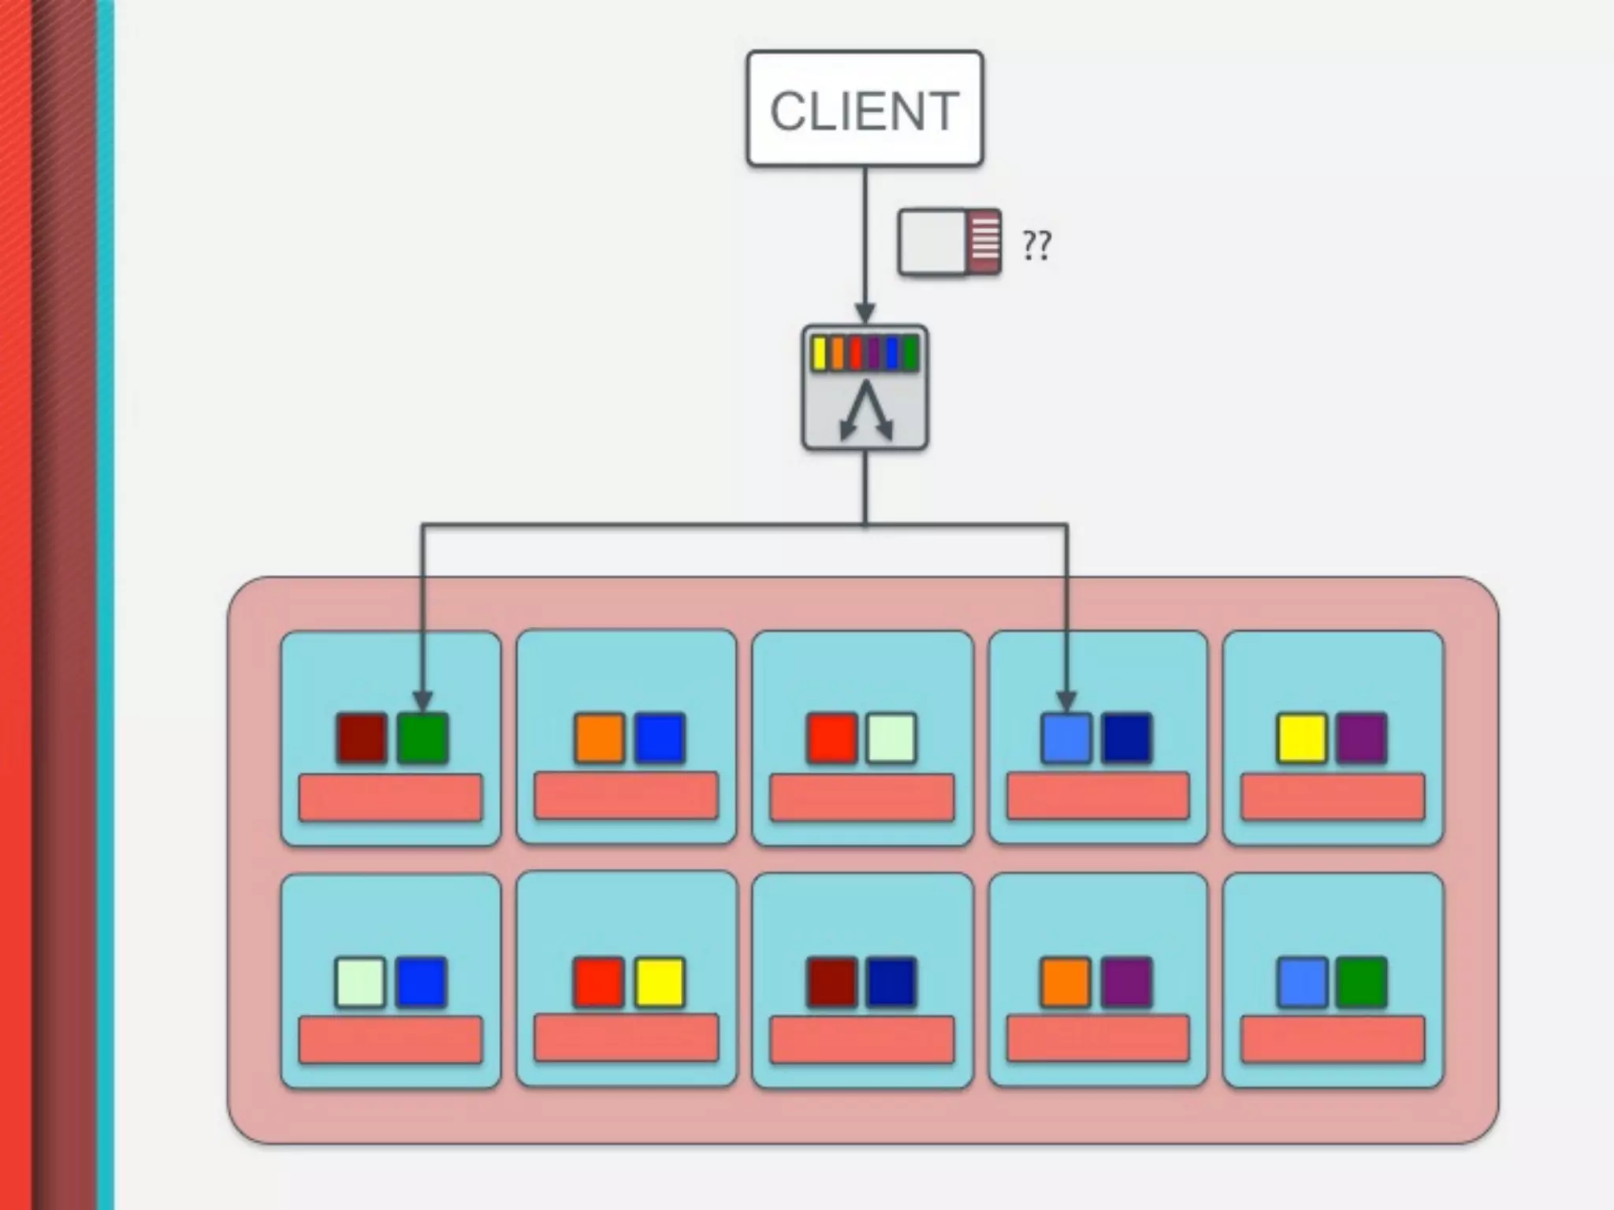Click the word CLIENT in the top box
(x=865, y=111)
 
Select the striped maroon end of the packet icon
(x=985, y=241)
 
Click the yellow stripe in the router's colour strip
(x=820, y=354)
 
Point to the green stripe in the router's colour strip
(x=910, y=354)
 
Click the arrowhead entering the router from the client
(x=865, y=313)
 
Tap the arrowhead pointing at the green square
(x=422, y=700)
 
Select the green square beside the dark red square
(x=422, y=738)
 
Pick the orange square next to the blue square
(x=599, y=738)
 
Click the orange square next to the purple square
(x=1066, y=982)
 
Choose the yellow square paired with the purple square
(x=1302, y=738)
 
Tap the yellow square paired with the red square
(x=660, y=982)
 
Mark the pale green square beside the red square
(x=891, y=738)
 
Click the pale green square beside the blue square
(x=360, y=982)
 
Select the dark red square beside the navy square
(x=832, y=982)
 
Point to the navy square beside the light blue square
(x=1126, y=738)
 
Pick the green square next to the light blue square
(x=1361, y=982)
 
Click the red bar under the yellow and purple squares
(x=1333, y=796)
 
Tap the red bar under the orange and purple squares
(x=1098, y=1038)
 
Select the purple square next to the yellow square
(x=1361, y=738)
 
